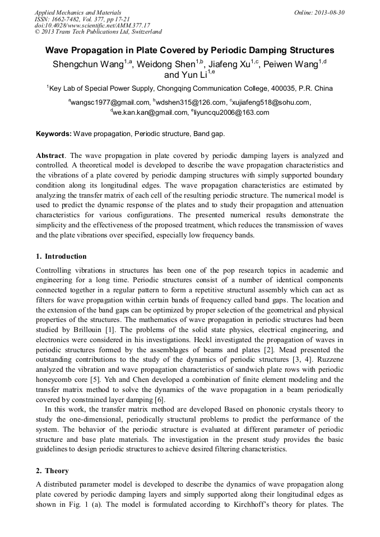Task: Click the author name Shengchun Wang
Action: coord(90,64)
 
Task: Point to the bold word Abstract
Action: coord(50,155)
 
